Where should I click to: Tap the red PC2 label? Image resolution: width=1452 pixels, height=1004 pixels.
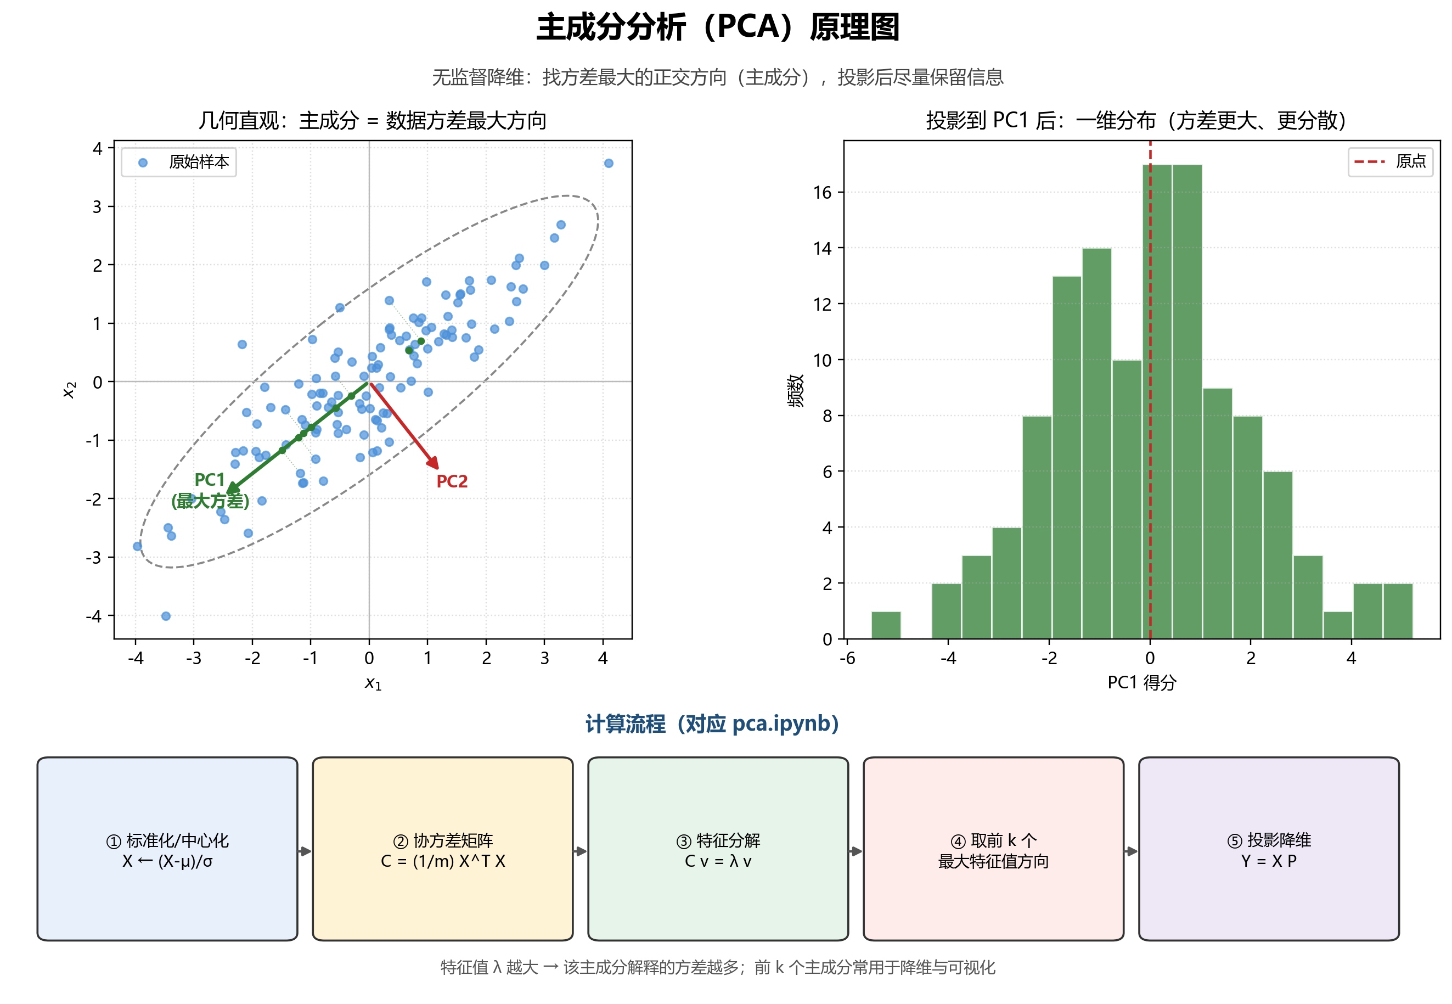pyautogui.click(x=452, y=481)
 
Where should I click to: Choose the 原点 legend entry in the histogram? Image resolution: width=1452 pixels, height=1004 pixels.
pyautogui.click(x=1391, y=162)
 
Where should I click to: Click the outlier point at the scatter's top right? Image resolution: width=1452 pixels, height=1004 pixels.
pyautogui.click(x=608, y=164)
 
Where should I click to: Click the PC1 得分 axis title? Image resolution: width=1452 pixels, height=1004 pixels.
pyautogui.click(x=1141, y=682)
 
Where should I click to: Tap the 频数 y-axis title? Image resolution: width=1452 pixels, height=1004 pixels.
pyautogui.click(x=796, y=391)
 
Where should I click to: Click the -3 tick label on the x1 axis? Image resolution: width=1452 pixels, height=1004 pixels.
pyautogui.click(x=194, y=659)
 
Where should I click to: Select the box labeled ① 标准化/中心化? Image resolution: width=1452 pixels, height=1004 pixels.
pyautogui.click(x=167, y=849)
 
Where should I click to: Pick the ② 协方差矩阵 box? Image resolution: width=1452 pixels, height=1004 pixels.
pyautogui.click(x=443, y=849)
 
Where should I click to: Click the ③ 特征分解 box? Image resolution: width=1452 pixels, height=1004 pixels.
pyautogui.click(x=718, y=849)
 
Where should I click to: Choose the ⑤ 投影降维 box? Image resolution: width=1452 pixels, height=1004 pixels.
pyautogui.click(x=1269, y=849)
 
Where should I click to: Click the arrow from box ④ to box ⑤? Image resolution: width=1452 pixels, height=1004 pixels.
pyautogui.click(x=1132, y=851)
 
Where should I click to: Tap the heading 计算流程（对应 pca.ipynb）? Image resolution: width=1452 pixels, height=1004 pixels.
pyautogui.click(x=712, y=724)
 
